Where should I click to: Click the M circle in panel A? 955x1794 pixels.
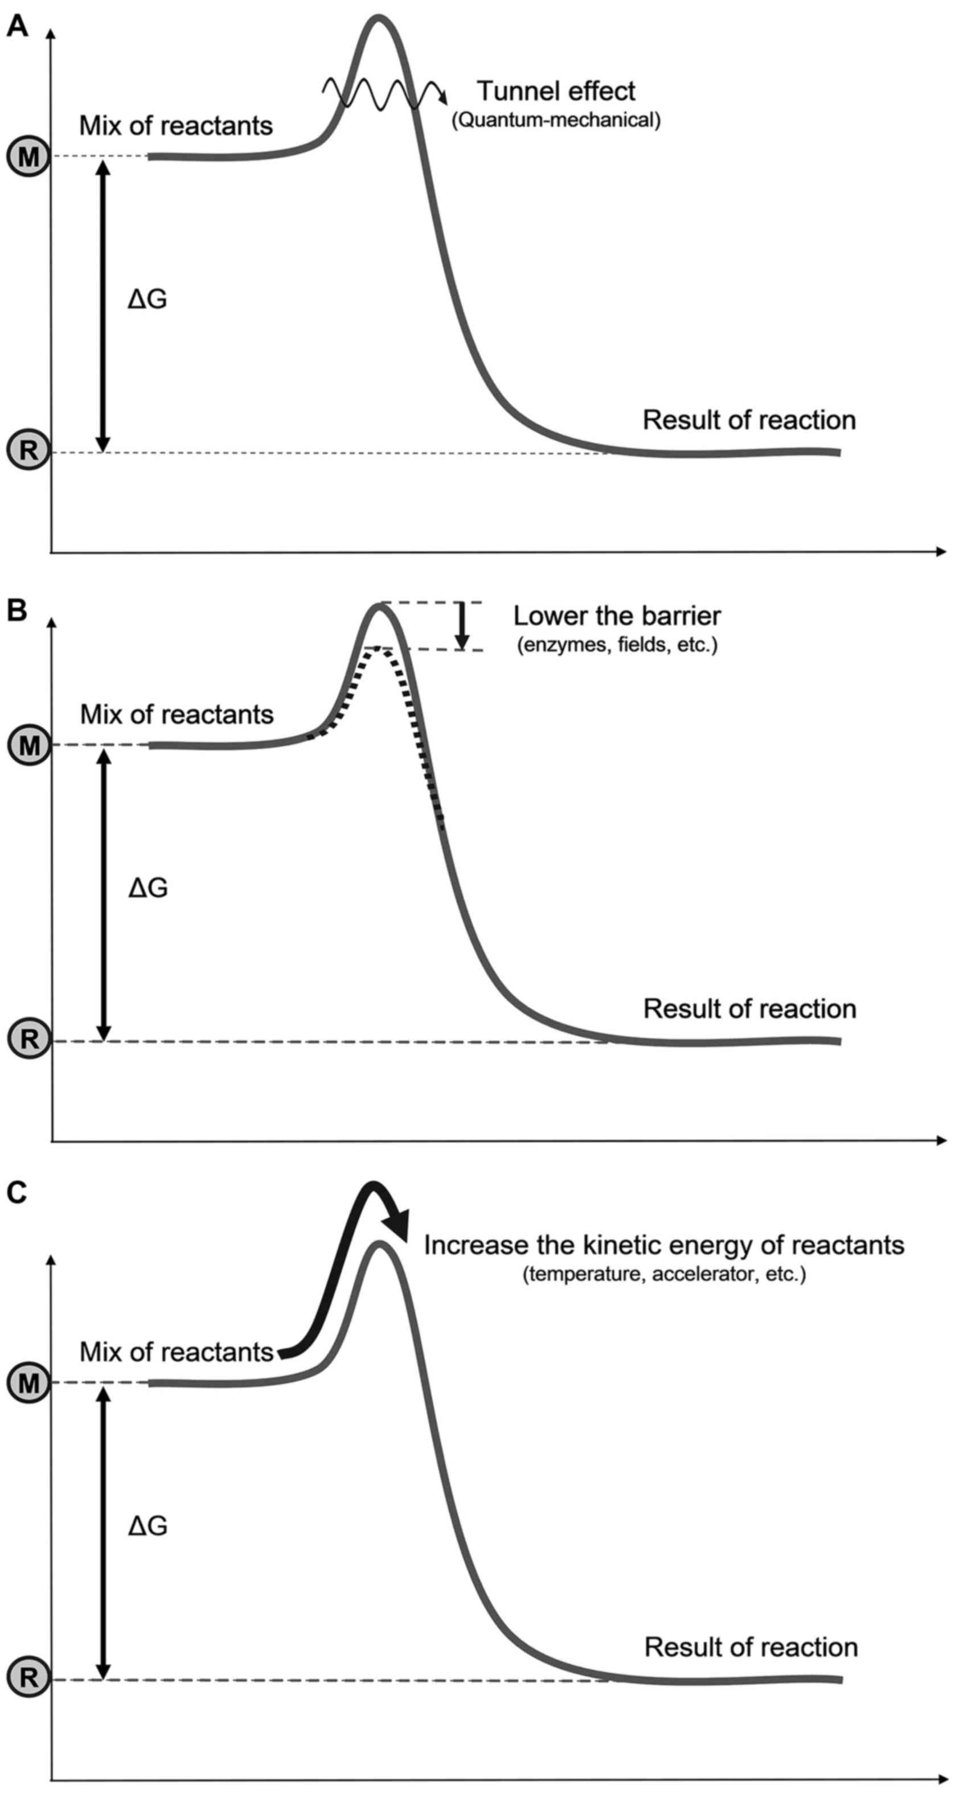point(28,157)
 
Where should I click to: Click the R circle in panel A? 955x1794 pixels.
point(28,450)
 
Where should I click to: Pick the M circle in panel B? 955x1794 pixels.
point(28,746)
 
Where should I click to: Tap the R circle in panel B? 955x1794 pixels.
point(28,1039)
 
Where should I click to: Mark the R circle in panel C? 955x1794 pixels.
point(28,1677)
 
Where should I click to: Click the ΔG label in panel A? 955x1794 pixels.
point(147,299)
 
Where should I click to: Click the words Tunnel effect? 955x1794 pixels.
point(556,91)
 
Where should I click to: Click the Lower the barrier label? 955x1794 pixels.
point(617,615)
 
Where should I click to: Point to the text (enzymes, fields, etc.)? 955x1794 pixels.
point(617,645)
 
